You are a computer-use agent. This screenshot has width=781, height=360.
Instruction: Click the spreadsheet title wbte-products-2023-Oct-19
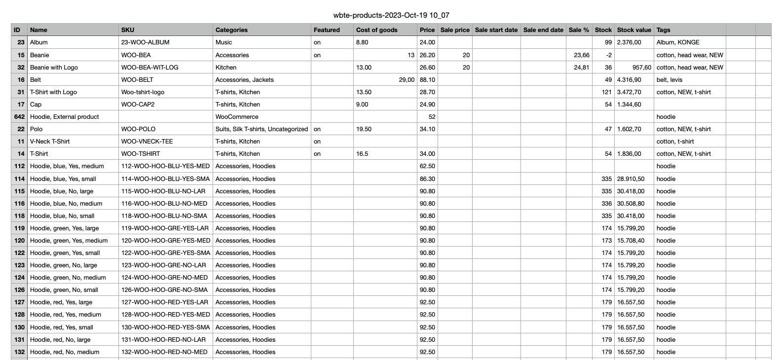[391, 15]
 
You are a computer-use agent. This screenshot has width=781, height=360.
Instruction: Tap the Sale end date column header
[543, 30]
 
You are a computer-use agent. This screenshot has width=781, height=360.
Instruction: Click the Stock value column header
[633, 30]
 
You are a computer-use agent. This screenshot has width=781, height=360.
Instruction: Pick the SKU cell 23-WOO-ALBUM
[145, 42]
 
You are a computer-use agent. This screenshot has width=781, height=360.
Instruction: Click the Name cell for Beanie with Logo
[54, 68]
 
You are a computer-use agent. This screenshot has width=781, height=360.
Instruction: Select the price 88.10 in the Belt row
[427, 80]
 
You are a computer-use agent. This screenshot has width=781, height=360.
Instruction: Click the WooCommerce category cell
[237, 117]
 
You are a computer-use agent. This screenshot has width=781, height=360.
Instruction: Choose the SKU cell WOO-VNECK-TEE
[147, 142]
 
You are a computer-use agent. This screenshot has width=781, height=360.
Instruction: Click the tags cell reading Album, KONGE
[678, 42]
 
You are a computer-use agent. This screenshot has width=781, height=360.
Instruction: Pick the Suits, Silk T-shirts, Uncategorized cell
[261, 129]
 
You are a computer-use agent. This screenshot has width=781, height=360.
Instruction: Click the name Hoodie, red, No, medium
[65, 352]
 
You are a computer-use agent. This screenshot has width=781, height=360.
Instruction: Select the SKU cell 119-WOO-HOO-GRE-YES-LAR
[165, 228]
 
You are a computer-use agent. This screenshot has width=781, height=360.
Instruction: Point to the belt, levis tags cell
[669, 80]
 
